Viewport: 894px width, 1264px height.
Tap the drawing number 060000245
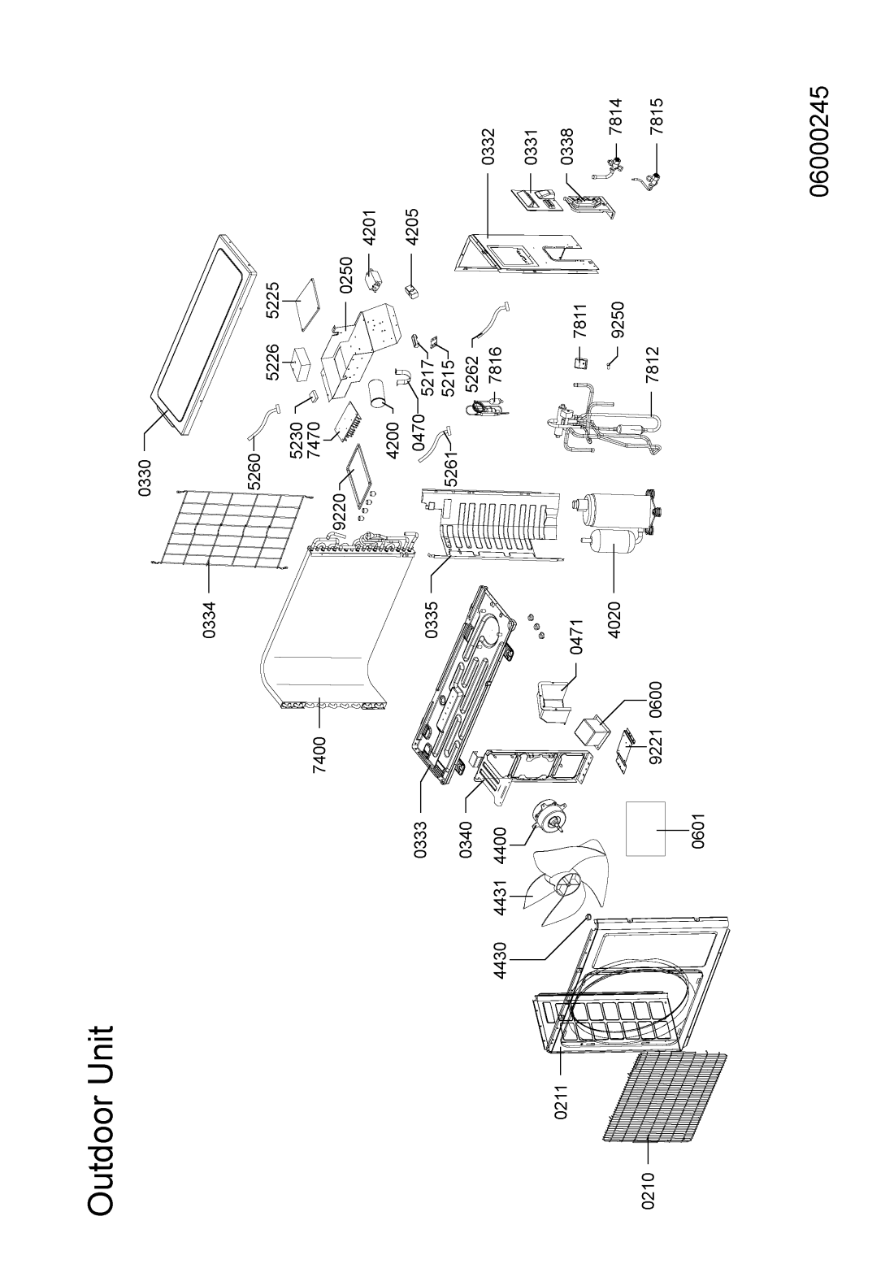(x=818, y=141)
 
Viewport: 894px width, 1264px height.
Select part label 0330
(x=145, y=478)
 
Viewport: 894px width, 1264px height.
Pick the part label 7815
(x=656, y=117)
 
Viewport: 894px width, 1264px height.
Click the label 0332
(x=488, y=146)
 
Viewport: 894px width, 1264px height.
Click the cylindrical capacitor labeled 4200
(x=377, y=393)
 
